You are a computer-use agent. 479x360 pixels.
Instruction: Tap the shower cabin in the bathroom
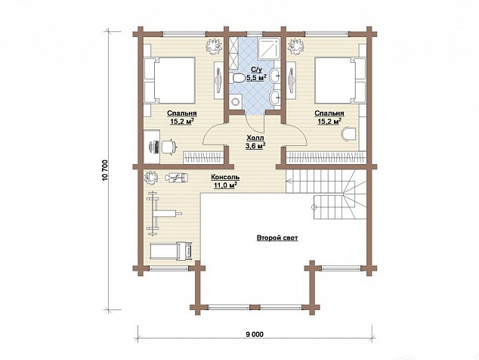(x=269, y=48)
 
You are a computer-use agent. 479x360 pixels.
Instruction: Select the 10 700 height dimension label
(x=106, y=170)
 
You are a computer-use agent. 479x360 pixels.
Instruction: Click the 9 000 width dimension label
(x=254, y=334)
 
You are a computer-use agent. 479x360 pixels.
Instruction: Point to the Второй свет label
(x=277, y=238)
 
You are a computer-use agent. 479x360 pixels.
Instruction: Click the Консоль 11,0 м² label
(x=225, y=181)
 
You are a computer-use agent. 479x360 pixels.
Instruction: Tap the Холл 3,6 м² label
(x=255, y=142)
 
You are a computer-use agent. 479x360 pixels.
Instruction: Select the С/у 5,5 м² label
(x=256, y=73)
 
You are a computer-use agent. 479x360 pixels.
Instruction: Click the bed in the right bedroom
(x=340, y=80)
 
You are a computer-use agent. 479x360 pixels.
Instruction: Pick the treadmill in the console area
(x=172, y=251)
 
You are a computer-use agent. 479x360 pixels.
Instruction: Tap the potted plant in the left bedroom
(x=213, y=46)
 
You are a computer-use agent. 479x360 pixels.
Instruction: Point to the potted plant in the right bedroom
(x=295, y=46)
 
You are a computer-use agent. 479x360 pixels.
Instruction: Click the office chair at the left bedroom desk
(x=168, y=146)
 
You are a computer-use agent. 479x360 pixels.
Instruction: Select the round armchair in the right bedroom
(x=348, y=135)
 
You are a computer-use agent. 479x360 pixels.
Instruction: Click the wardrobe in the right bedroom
(x=326, y=157)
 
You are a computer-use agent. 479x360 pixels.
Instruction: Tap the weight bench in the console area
(x=162, y=213)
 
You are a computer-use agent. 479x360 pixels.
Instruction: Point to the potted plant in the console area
(x=151, y=178)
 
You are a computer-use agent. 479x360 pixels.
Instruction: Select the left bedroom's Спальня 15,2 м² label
(x=182, y=117)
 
